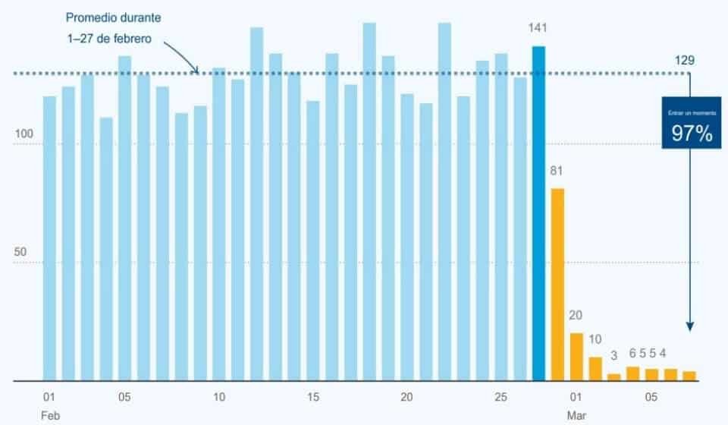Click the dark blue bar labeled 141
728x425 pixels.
[x=538, y=212]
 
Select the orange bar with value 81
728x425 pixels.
[x=557, y=284]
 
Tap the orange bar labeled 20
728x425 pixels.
[x=576, y=356]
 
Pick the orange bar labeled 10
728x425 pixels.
[x=595, y=368]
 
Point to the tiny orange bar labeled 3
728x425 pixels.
[x=614, y=376]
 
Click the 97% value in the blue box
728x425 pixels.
[x=691, y=134]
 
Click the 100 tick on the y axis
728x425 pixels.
[x=25, y=135]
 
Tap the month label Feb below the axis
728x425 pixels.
[x=49, y=415]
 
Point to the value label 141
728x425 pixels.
[x=538, y=28]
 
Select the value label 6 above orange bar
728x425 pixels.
[x=632, y=353]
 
